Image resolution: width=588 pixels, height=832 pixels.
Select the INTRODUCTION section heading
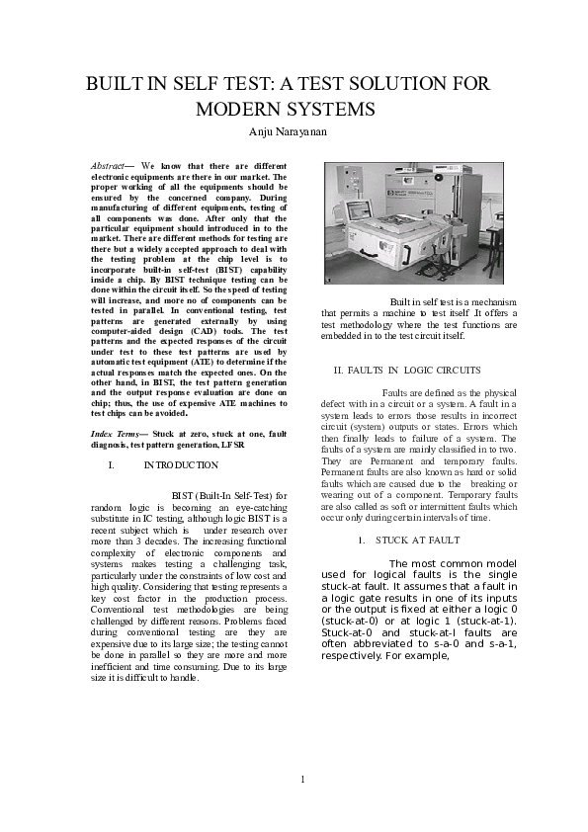pyautogui.click(x=181, y=464)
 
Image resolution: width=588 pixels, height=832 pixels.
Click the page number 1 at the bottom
pyautogui.click(x=303, y=779)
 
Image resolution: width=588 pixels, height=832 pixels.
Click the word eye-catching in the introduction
pyautogui.click(x=255, y=506)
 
